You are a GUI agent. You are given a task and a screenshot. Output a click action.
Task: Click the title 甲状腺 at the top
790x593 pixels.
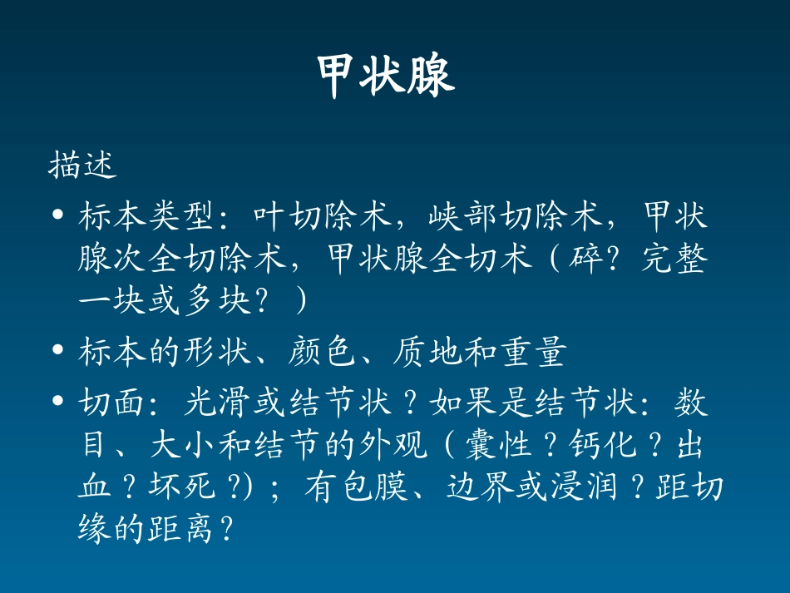click(387, 77)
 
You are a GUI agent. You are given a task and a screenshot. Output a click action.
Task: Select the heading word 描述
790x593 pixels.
click(82, 165)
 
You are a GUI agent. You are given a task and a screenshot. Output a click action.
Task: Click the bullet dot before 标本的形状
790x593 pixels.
click(57, 352)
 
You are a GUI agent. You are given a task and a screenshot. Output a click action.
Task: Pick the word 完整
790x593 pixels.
click(674, 260)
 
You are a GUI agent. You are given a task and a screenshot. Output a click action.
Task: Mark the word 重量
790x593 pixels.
click(531, 352)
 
